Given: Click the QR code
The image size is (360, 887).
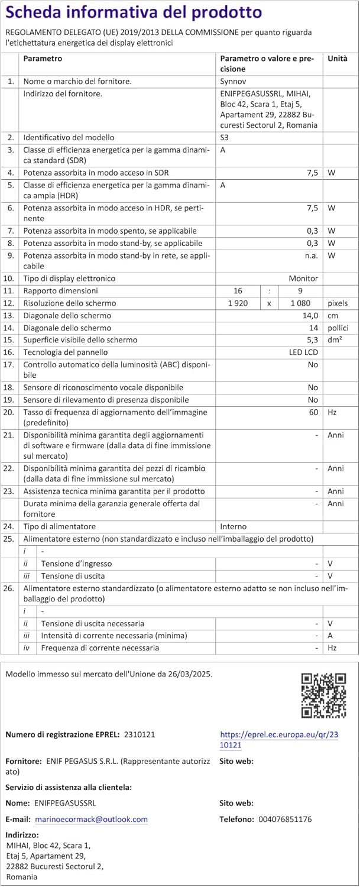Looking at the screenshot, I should (323, 695).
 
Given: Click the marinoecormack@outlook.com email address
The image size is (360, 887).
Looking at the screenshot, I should (91, 819).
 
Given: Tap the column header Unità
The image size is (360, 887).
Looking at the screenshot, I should (338, 59).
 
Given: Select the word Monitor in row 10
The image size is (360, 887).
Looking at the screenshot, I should (303, 278).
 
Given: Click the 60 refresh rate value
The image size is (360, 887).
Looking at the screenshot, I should (313, 412).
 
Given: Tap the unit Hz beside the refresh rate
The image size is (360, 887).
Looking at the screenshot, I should (332, 412).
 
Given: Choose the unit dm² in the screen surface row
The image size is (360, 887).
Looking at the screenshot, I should (335, 340).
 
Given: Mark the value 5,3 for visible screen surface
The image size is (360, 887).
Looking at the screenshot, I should (313, 340).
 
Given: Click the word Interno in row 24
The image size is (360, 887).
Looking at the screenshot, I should (233, 526).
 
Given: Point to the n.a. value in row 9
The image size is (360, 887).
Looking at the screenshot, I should (311, 255).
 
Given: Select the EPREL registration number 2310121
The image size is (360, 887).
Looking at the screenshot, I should (140, 734).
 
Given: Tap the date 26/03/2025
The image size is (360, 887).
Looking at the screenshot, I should (190, 674).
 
